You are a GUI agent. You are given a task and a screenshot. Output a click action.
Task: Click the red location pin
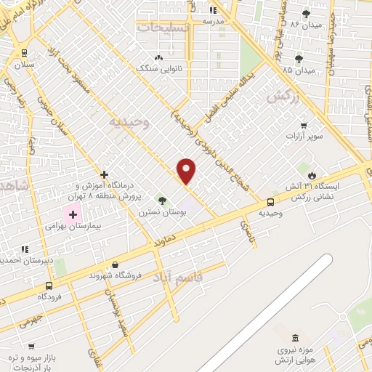click(187, 171)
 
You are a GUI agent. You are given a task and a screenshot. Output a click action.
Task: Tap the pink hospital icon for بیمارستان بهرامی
click(73, 214)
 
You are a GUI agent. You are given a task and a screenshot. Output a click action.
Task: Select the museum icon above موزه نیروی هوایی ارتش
click(294, 338)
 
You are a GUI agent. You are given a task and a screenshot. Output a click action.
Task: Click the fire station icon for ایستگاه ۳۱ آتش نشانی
click(312, 175)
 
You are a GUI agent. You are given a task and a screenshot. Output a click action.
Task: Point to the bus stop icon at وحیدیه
click(270, 202)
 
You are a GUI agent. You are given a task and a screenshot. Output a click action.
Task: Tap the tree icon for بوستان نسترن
click(161, 200)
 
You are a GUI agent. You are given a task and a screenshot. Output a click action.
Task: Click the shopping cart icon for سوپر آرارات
click(304, 125)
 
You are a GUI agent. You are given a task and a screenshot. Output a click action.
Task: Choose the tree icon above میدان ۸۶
click(306, 13)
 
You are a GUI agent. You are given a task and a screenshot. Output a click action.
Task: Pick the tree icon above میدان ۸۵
click(299, 59)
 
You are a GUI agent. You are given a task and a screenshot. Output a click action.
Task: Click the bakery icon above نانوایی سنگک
click(158, 57)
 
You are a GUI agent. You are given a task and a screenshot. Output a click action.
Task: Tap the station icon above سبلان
click(25, 53)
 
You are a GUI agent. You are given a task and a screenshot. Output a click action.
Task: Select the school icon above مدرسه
click(213, 10)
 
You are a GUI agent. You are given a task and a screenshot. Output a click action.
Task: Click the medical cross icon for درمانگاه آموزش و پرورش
click(105, 174)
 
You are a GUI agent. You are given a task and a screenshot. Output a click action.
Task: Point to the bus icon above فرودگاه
click(49, 286)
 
